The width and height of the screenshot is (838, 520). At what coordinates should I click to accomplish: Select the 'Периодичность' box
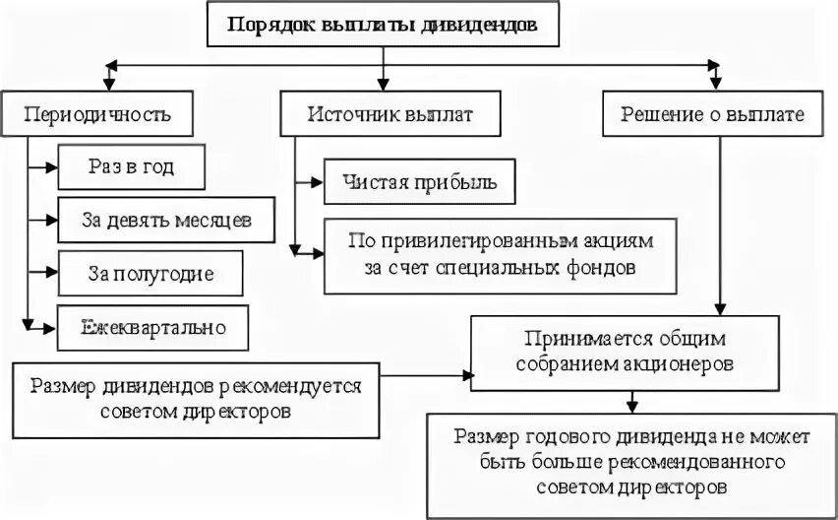97,114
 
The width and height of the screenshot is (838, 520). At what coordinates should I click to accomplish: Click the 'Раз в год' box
131,167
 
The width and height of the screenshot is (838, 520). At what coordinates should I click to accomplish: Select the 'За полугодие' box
149,273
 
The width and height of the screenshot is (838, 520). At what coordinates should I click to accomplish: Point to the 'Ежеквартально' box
152,326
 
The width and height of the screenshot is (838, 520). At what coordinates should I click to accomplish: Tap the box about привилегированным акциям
501,253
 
